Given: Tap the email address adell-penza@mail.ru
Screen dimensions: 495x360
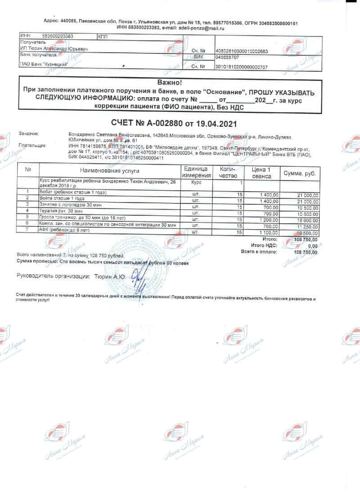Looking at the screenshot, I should (x=202, y=28).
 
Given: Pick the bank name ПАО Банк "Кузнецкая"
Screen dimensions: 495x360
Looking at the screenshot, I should (x=44, y=65).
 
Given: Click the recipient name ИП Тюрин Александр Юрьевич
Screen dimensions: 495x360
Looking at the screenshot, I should (x=54, y=48).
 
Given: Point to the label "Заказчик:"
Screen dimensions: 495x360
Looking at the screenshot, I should (x=29, y=134).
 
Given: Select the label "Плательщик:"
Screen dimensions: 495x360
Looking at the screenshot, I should (x=32, y=146).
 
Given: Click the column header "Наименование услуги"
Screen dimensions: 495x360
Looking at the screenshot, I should (x=110, y=171).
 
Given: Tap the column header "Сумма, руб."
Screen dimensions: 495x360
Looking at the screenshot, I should (x=299, y=173).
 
